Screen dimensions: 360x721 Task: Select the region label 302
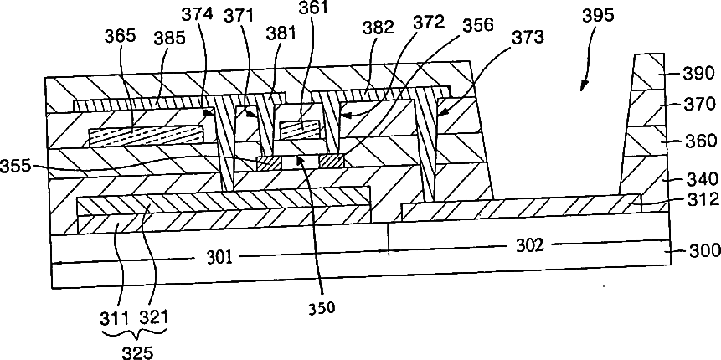click(530, 245)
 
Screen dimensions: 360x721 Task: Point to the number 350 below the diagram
click(320, 306)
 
